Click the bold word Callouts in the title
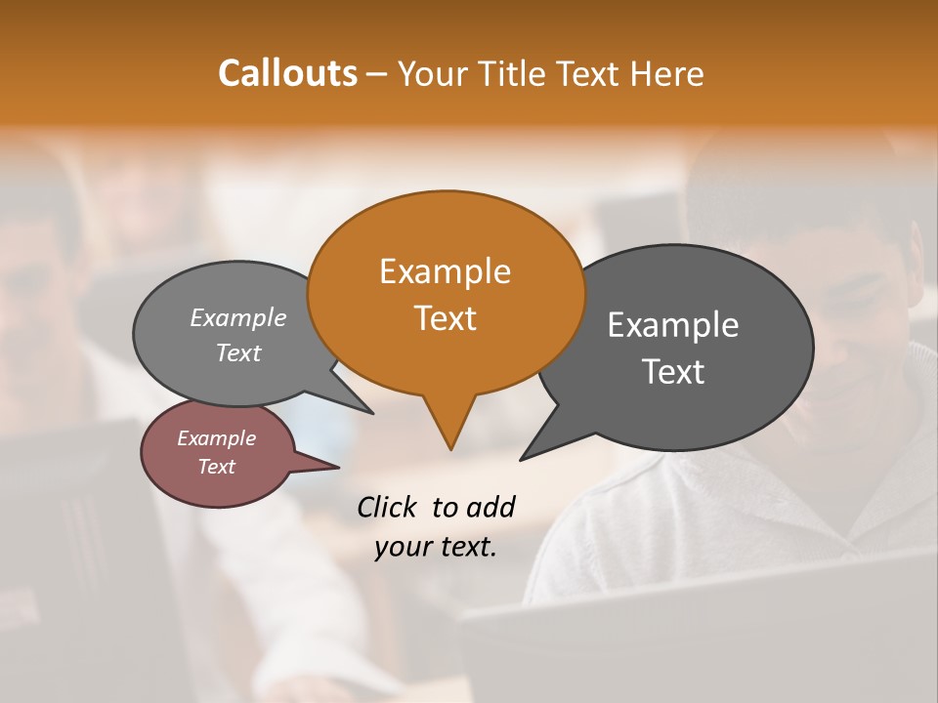(287, 73)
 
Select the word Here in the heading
(668, 73)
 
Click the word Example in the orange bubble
(445, 271)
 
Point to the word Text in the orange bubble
(445, 317)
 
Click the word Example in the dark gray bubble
(673, 325)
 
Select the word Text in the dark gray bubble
(673, 371)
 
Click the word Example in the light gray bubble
(238, 317)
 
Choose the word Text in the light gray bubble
(238, 352)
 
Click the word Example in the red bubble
(216, 438)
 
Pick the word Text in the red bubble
(216, 467)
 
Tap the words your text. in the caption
(436, 547)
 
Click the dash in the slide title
(377, 74)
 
